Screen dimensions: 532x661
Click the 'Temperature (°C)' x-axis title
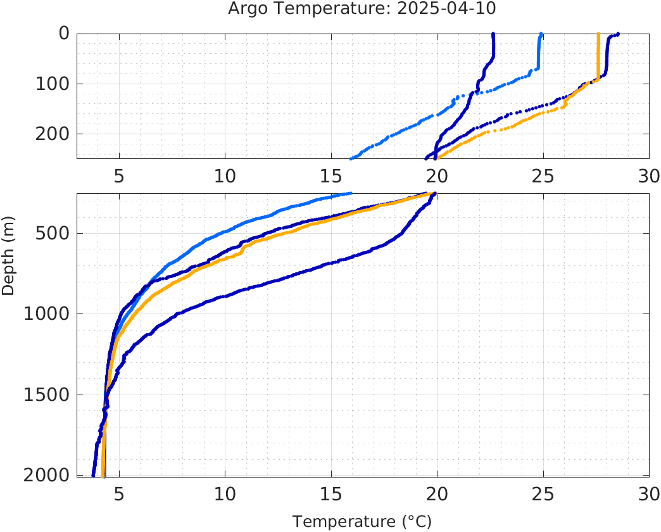click(362, 521)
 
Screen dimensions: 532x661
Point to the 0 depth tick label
click(64, 33)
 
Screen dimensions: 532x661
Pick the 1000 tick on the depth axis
click(46, 314)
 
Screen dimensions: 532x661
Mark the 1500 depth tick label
click(46, 395)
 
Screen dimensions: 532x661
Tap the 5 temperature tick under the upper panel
click(119, 175)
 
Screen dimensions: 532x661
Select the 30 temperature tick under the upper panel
click(649, 175)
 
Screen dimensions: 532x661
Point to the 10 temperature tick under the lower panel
click(225, 493)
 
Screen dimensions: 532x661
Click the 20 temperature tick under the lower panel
click(437, 493)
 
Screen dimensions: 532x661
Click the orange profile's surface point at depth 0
click(599, 34)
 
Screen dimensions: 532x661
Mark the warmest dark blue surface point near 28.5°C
click(618, 34)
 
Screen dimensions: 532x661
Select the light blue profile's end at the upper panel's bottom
click(351, 158)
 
